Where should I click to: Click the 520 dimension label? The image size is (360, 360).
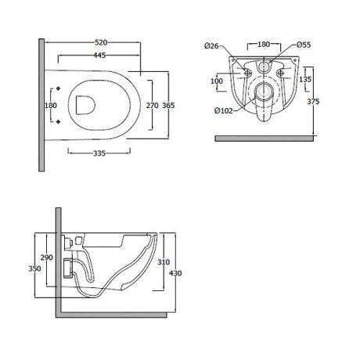point(101,42)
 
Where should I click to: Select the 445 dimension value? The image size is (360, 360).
point(99,56)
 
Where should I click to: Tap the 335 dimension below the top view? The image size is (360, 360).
point(99,153)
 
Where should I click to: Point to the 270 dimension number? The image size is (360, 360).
point(152,106)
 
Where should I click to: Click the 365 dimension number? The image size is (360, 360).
point(168,106)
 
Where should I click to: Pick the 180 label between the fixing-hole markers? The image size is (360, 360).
point(51,106)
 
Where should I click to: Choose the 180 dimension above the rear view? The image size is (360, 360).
point(264,45)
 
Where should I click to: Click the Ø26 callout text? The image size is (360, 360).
point(211,46)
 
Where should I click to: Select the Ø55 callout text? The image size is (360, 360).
point(304,45)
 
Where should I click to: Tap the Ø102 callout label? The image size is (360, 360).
point(224,111)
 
